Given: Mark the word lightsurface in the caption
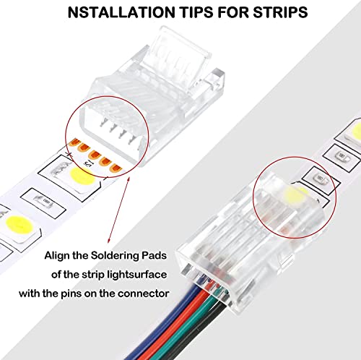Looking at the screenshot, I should (x=142, y=274).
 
